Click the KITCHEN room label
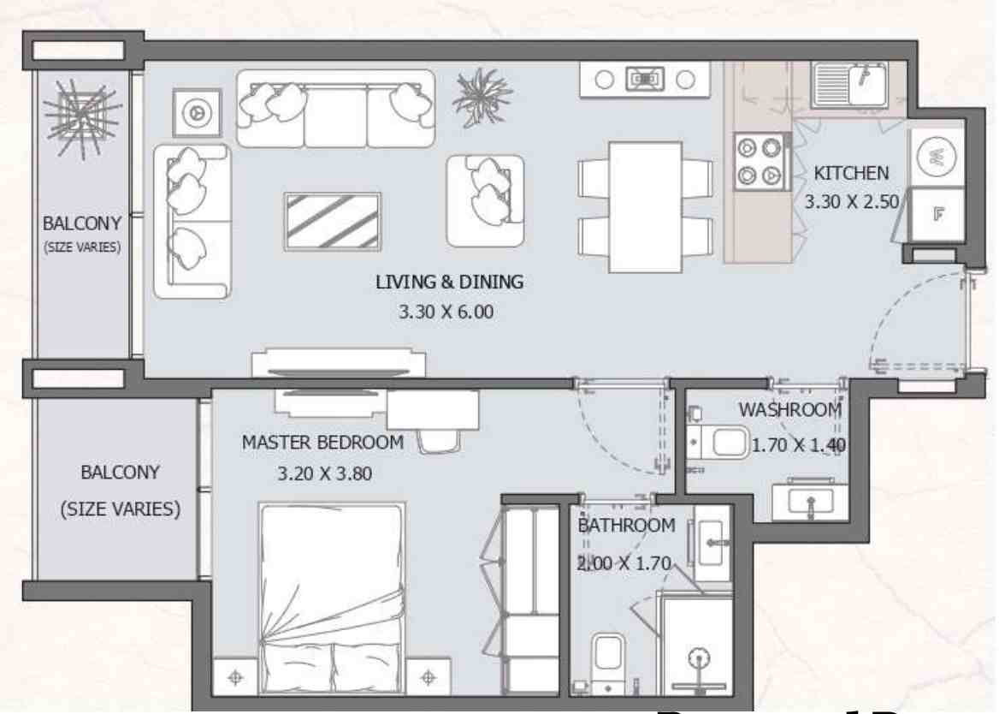tap(850, 173)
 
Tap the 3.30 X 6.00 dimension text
tap(446, 312)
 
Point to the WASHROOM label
tap(789, 410)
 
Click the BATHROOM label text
tap(626, 526)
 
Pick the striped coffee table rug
tap(332, 222)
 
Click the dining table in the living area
tap(645, 205)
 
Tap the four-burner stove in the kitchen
tap(760, 161)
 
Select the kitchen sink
tap(849, 84)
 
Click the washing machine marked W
tap(937, 157)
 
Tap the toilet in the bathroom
tap(608, 659)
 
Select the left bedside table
tap(236, 677)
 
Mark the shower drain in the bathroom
tap(701, 658)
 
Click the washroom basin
tap(809, 501)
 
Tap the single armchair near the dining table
tap(484, 199)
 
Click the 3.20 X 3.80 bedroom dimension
tap(324, 473)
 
